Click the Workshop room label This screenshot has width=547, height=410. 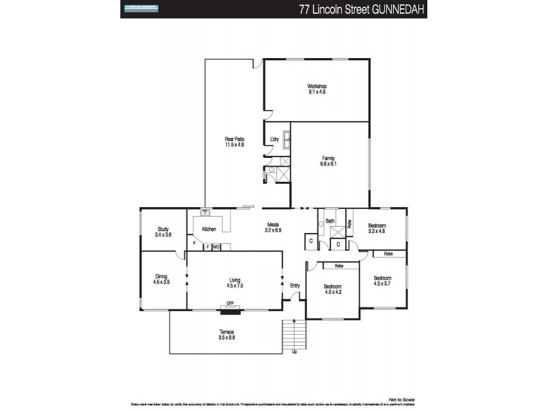(317, 86)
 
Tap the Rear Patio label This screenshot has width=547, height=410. (235, 139)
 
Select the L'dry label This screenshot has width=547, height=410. (274, 139)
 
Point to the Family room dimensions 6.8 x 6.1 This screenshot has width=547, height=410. (328, 164)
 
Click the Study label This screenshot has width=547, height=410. (163, 229)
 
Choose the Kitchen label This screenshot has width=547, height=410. (209, 229)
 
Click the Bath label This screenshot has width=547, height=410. (330, 221)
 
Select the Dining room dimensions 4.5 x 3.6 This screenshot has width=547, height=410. (161, 282)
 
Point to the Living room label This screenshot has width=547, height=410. (235, 278)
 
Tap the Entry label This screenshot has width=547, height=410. (295, 285)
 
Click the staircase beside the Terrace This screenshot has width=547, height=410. (293, 336)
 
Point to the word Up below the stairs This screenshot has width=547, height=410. (295, 352)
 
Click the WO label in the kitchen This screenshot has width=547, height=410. (216, 247)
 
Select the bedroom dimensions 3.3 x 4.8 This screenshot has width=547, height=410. (377, 231)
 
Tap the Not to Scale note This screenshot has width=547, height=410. (401, 399)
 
